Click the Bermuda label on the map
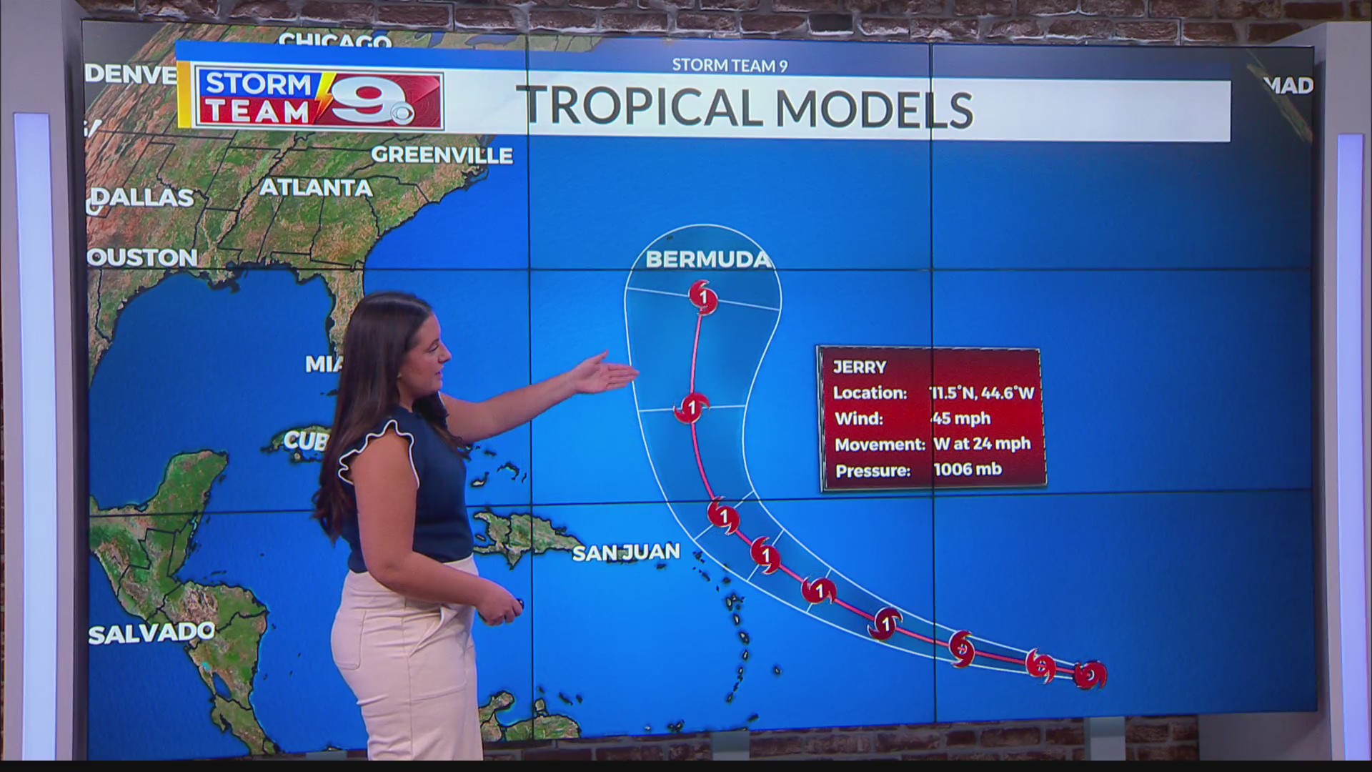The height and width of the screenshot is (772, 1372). tap(708, 259)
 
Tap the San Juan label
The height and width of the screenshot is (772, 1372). tap(626, 552)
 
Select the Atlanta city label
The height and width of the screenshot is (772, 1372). tap(315, 188)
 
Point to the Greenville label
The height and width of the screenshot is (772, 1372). tap(442, 155)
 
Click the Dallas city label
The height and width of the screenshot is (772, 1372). tap(143, 197)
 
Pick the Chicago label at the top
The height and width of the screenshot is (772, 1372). tap(335, 41)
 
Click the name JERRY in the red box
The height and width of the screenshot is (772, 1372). tap(859, 367)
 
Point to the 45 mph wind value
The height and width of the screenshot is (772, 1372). tap(961, 418)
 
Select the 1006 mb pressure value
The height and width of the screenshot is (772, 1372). tap(968, 470)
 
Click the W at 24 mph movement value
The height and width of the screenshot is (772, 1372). tap(982, 444)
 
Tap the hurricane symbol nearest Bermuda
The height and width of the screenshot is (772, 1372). tap(704, 296)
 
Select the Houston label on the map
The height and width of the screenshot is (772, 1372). tap(143, 257)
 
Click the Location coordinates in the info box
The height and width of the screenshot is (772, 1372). tap(982, 392)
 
